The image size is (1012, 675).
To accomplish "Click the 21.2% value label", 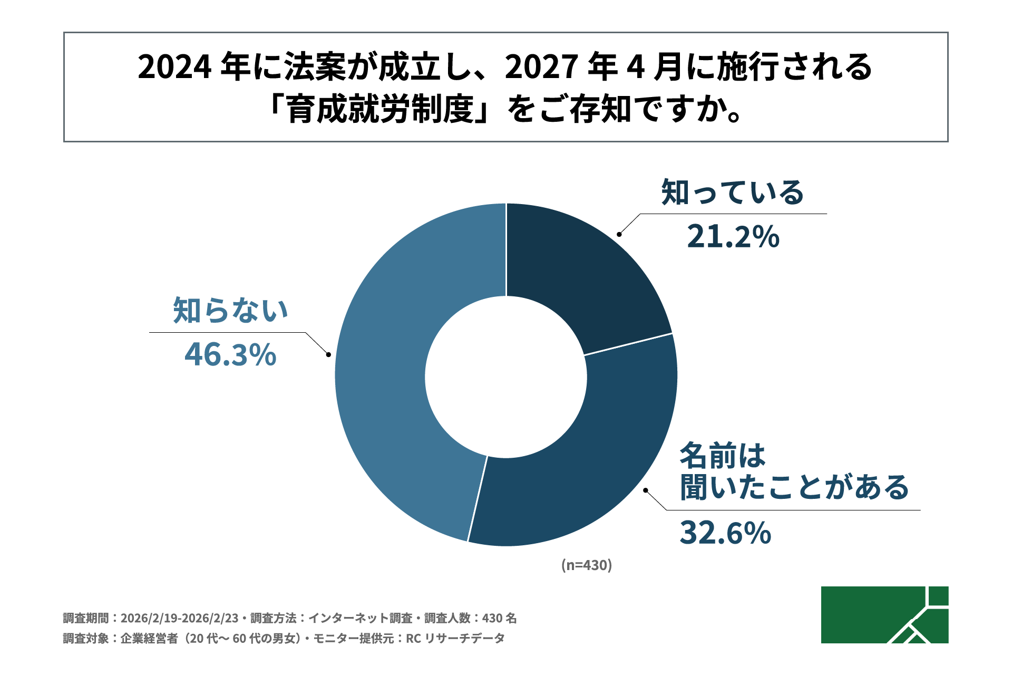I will tap(733, 237).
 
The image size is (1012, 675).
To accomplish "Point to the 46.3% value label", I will tap(230, 354).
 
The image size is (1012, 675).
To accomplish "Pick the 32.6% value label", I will tap(725, 533).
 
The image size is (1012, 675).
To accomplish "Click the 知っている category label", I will tap(733, 192).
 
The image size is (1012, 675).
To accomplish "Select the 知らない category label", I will tap(230, 310).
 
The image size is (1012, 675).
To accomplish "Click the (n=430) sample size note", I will tap(586, 565).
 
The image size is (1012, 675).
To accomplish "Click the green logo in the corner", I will tap(884, 614).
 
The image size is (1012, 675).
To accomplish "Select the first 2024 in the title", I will tap(174, 67).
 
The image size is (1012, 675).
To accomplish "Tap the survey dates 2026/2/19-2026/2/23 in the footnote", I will tap(179, 618).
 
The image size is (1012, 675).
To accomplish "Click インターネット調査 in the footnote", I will tap(360, 618).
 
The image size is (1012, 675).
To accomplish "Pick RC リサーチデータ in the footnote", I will tap(455, 639).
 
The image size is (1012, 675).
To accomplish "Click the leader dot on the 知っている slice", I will tap(619, 234).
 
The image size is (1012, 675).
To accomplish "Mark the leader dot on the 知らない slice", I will tap(328, 354).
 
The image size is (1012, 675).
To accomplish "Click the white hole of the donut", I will tap(506, 377).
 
